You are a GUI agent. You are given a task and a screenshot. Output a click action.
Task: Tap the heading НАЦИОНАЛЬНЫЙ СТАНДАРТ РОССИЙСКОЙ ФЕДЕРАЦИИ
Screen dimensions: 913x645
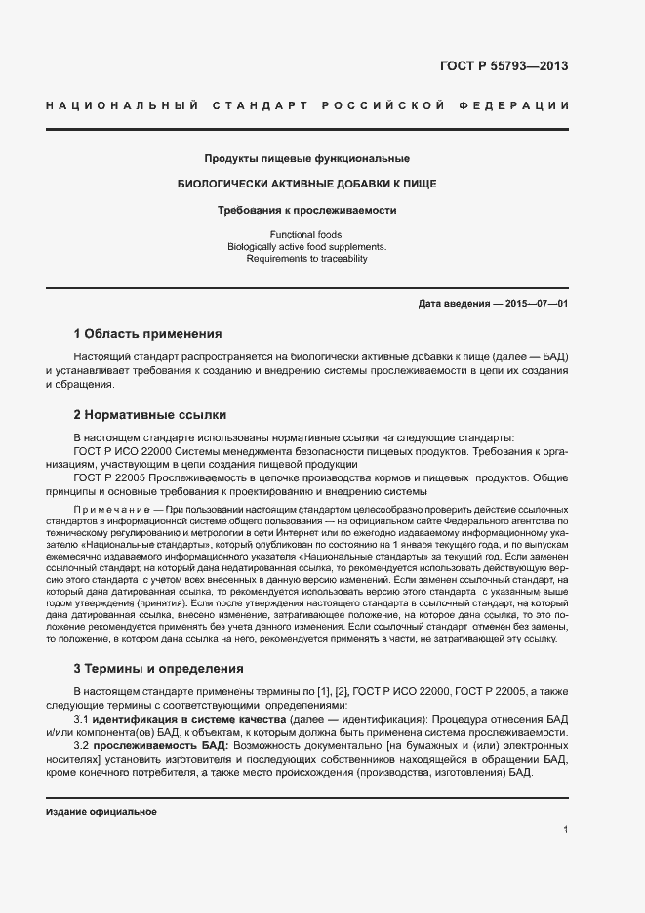pos(306,105)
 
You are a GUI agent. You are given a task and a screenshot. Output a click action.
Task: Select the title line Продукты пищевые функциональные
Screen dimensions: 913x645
pos(306,158)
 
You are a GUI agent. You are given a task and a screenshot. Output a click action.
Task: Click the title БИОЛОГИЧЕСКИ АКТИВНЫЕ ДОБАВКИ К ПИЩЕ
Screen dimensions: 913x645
pos(306,184)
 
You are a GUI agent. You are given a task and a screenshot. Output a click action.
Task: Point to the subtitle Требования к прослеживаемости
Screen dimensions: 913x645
pos(306,209)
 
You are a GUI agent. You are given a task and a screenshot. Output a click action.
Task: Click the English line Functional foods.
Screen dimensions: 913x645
pos(306,235)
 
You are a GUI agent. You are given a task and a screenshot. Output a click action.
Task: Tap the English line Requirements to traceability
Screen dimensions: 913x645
pos(306,259)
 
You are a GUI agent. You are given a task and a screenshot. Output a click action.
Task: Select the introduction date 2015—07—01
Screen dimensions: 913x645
pos(536,304)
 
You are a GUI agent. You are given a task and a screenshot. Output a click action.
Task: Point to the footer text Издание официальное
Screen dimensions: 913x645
pos(101,812)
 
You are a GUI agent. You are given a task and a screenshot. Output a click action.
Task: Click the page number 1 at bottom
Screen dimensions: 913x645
pos(566,829)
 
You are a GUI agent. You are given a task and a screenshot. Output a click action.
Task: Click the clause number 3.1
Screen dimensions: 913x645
pos(82,719)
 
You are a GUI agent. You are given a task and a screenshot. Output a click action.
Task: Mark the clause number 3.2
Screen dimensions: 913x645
pos(82,745)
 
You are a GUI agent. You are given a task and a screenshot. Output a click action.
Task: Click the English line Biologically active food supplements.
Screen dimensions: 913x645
pos(306,247)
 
